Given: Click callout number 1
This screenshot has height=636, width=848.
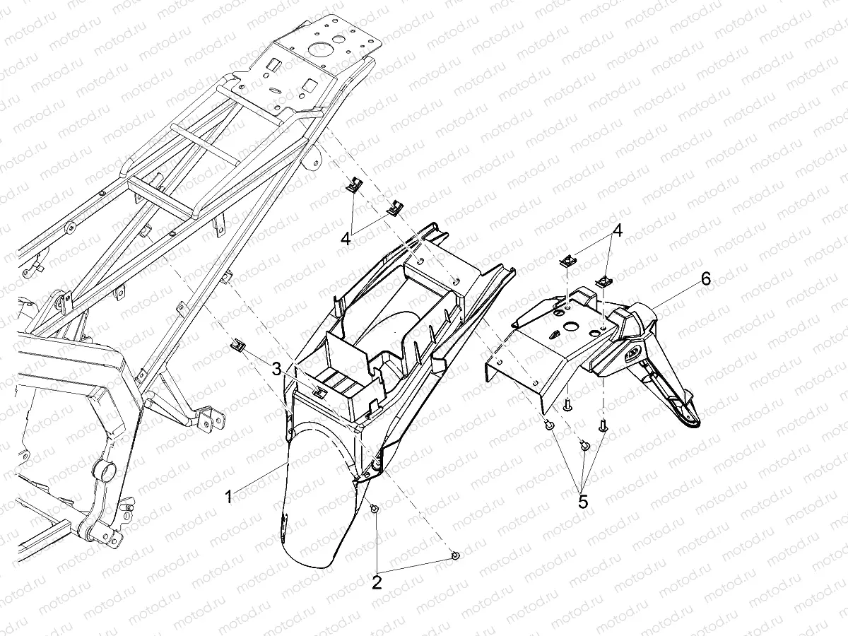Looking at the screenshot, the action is click(x=230, y=497).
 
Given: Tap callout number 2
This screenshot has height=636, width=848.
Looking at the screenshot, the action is click(x=377, y=582).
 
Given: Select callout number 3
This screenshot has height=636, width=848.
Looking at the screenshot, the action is click(x=276, y=369).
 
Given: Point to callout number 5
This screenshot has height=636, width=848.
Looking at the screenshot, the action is click(x=583, y=502).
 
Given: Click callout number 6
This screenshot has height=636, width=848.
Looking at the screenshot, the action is click(x=706, y=278).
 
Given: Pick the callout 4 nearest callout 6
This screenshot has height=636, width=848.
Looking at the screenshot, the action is click(x=618, y=231).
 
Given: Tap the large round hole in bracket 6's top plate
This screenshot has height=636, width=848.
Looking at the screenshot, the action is click(x=570, y=326).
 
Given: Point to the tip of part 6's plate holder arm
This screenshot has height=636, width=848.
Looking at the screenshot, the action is click(x=693, y=425).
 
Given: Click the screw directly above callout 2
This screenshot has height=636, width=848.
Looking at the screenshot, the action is click(x=374, y=510).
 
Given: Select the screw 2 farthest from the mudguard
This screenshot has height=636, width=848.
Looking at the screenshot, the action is click(x=456, y=555).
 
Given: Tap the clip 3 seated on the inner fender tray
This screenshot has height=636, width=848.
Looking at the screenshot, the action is click(x=320, y=391).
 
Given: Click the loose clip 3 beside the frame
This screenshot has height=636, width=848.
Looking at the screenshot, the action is click(x=239, y=345).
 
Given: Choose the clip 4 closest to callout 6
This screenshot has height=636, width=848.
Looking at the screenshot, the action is click(x=603, y=282).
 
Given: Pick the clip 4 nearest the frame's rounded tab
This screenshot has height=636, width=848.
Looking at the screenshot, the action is click(x=353, y=184).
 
